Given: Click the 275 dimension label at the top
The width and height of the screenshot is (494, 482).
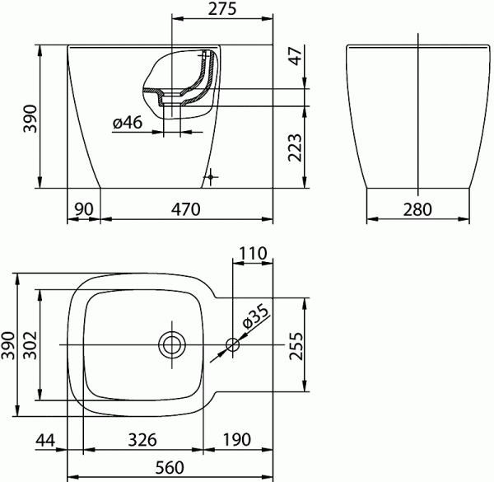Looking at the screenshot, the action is coord(222,9).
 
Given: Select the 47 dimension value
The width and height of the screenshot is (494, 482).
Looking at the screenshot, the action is coord(296,56).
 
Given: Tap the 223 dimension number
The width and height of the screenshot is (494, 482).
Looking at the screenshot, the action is coord(296,147).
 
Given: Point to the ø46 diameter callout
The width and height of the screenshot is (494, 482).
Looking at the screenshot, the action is coord(128,122).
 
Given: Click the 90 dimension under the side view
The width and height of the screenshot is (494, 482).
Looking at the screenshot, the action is coord(84,209).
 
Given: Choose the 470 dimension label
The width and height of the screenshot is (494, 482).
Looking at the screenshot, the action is coord(185,209).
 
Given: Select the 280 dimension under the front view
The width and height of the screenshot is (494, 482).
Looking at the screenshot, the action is coord(417,209).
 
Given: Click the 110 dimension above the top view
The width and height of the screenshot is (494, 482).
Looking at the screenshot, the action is coord(253,253).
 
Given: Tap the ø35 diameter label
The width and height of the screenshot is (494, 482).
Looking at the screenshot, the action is coord(257,316).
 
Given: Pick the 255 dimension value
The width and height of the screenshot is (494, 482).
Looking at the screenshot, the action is coord(296,346).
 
